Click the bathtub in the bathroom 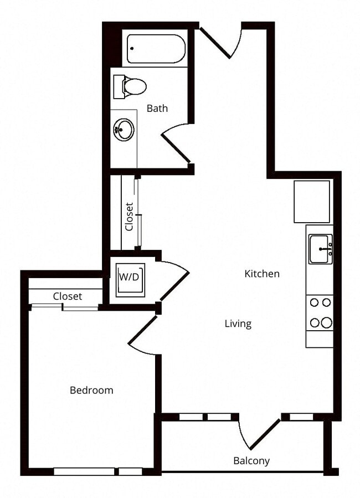[x=156, y=49]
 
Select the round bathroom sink [x=124, y=130]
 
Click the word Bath [x=157, y=109]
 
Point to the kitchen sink [x=320, y=249]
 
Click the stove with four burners [x=320, y=312]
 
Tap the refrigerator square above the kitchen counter [x=312, y=202]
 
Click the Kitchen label [x=262, y=274]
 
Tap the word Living [x=238, y=324]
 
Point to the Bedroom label [x=91, y=391]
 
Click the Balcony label [x=251, y=461]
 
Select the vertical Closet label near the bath [x=130, y=216]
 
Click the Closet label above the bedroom [x=68, y=296]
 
